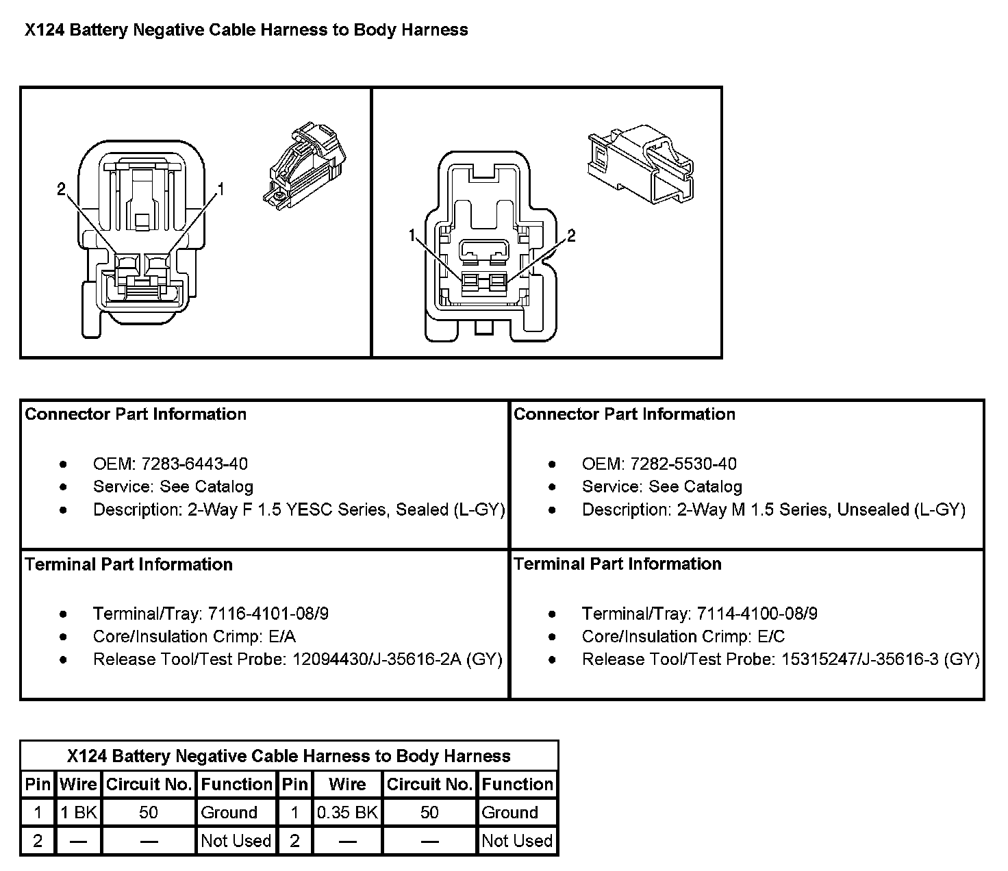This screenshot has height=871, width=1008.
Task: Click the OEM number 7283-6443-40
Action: [194, 464]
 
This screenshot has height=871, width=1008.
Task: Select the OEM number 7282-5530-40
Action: [683, 464]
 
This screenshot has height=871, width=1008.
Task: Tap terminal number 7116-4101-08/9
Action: [268, 613]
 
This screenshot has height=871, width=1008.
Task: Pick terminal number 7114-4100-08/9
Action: [757, 613]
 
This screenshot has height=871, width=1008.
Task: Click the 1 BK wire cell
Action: [79, 812]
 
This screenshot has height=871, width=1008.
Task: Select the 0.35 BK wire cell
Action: [347, 812]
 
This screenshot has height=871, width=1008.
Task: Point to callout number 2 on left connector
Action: [61, 189]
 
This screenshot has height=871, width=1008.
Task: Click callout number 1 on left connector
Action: [221, 189]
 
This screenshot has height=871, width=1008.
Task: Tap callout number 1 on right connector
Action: [412, 236]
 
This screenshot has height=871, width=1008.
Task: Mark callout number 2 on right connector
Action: [572, 236]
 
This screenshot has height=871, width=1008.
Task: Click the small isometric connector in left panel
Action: [305, 166]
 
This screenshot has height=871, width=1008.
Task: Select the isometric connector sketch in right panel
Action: [641, 164]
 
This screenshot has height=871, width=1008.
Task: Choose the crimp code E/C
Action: [771, 636]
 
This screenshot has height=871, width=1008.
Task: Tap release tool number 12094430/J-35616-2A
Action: [377, 659]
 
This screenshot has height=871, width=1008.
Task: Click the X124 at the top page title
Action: [45, 29]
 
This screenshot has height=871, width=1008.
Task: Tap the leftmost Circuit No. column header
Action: [149, 784]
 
